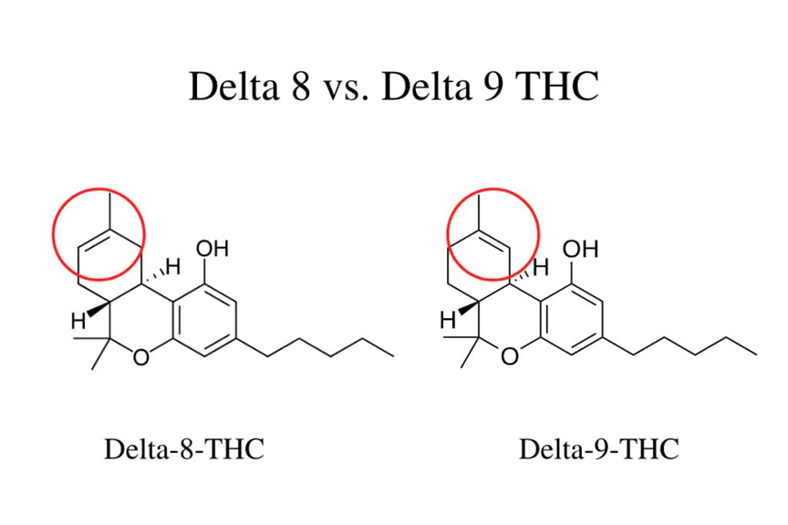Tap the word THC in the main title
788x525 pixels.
pyautogui.click(x=558, y=86)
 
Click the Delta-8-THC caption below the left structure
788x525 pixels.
pyautogui.click(x=184, y=448)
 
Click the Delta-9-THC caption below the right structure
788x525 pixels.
pyautogui.click(x=598, y=448)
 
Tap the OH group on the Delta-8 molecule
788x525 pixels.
pyautogui.click(x=213, y=249)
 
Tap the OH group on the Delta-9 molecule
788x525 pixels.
pyautogui.click(x=580, y=249)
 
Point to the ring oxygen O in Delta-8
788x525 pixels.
pyautogui.click(x=141, y=356)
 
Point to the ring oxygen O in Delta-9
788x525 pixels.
pyautogui.click(x=510, y=356)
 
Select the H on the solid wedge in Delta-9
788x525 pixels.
pyautogui.click(x=448, y=320)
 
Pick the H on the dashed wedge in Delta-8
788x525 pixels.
pyautogui.click(x=173, y=267)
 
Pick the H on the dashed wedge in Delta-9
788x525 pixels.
pyautogui.click(x=541, y=267)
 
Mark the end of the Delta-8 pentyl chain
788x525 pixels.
pyautogui.click(x=394, y=356)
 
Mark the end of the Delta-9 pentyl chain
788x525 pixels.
pyautogui.click(x=757, y=355)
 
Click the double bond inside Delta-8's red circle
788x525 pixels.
pyautogui.click(x=94, y=240)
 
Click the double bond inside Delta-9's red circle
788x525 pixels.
pyautogui.click(x=494, y=240)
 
